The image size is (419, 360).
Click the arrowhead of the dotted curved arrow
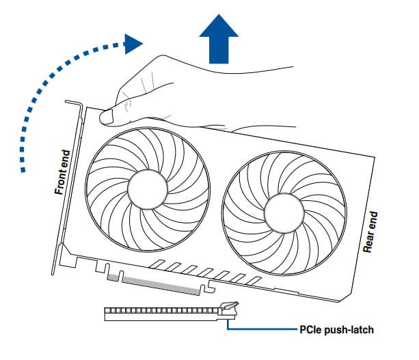(133, 44)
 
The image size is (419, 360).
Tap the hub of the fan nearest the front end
(148, 189)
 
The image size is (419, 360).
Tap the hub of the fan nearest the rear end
(284, 213)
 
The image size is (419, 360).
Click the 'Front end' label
(62, 172)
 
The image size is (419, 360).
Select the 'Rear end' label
(370, 232)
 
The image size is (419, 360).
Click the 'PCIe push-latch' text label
(336, 330)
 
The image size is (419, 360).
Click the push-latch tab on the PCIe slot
(229, 305)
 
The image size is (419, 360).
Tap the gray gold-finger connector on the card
(154, 284)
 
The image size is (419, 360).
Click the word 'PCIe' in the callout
(310, 330)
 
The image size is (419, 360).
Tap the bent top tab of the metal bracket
(73, 102)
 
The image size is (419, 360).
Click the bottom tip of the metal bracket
(53, 273)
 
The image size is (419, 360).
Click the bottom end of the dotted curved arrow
(23, 170)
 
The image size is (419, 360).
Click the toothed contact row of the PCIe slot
(162, 311)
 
